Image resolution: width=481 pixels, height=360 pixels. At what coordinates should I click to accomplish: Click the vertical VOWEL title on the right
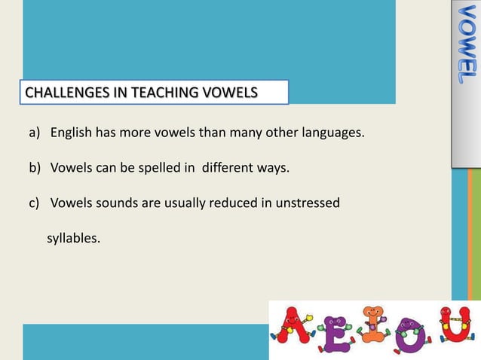(x=465, y=45)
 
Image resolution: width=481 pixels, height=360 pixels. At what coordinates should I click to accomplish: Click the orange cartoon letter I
(x=371, y=324)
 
